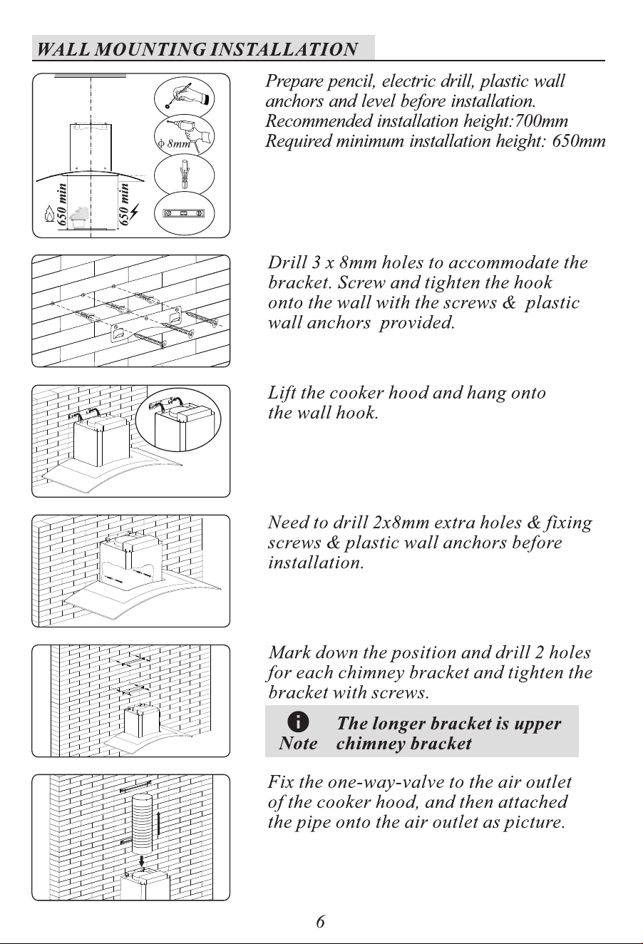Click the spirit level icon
tap(185, 214)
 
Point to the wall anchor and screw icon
tap(185, 175)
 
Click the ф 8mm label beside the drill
tap(174, 143)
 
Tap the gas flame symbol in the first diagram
tap(49, 214)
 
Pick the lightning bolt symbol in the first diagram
tap(135, 212)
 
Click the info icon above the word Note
tap(298, 722)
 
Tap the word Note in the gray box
tap(298, 744)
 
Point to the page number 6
tap(321, 922)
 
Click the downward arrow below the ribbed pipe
tap(142, 859)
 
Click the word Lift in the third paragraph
tap(282, 393)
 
